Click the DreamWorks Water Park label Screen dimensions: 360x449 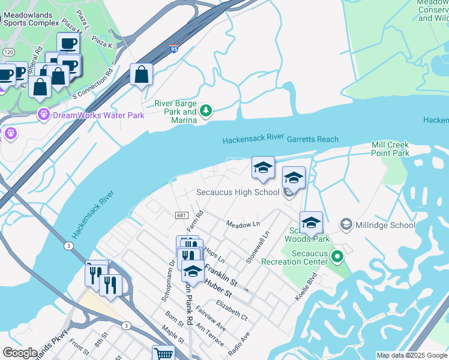click(x=99, y=115)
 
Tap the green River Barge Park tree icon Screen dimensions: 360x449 click(x=206, y=110)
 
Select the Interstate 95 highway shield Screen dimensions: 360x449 click(x=173, y=50)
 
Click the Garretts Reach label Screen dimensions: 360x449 click(x=312, y=139)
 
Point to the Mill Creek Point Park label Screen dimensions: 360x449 click(x=390, y=149)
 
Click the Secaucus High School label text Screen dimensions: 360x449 click(x=238, y=193)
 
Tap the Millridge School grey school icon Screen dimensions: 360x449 click(x=346, y=225)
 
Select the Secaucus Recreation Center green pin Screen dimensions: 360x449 click(x=337, y=257)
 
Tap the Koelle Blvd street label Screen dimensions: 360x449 click(x=305, y=288)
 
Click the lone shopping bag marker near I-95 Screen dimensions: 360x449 click(x=141, y=75)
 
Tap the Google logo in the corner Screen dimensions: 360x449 click(x=19, y=353)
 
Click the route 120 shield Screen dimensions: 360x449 click(x=8, y=52)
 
